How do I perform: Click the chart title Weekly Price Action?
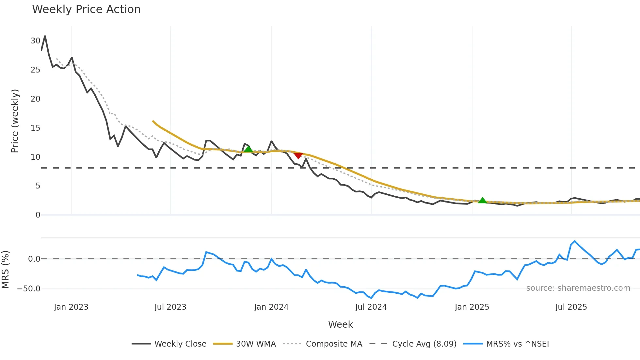coord(86,9)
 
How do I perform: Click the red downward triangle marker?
coord(298,155)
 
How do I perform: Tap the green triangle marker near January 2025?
coord(482,200)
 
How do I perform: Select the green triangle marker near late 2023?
coord(248,149)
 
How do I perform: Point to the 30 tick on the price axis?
coord(35,41)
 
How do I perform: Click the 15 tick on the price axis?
coord(35,128)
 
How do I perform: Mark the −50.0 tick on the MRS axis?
coord(29,289)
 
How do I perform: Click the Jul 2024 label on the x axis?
coord(371,307)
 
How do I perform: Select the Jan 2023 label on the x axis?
coord(71,307)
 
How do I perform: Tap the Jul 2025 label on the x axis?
coord(571,307)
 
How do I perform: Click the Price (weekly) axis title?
coord(15,121)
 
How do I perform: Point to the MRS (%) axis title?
coord(6,270)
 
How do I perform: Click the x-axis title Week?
coord(340,324)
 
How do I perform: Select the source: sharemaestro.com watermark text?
coord(578,288)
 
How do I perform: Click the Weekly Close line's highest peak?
coord(45,36)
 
